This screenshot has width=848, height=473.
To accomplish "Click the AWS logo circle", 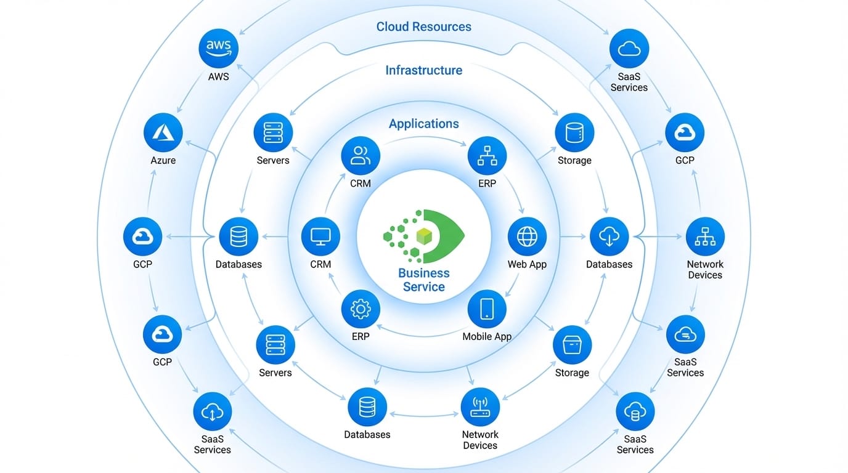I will (x=218, y=49).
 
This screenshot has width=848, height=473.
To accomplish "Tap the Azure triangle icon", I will (x=163, y=132).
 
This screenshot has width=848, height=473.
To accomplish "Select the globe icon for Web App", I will (x=527, y=236).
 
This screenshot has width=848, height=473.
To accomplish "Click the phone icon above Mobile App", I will (x=487, y=309).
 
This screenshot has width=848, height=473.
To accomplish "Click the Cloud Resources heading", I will (x=424, y=26).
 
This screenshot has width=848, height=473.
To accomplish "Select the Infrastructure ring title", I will (x=424, y=70).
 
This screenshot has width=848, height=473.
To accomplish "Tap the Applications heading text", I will (x=424, y=124).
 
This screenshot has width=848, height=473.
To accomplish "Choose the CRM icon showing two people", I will (x=361, y=155).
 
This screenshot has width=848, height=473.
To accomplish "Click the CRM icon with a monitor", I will (x=320, y=236).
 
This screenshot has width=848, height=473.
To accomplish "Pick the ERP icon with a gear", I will (x=361, y=309).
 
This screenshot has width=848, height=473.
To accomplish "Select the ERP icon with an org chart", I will (x=487, y=155).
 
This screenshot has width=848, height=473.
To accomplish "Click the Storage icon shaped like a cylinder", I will (x=574, y=132).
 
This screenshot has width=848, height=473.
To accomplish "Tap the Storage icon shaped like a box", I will (x=572, y=345).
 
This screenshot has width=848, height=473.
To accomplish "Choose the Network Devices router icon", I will (x=480, y=406).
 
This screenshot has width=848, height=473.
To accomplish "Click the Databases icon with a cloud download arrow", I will (x=609, y=236).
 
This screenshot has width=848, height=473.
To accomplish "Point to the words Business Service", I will (x=424, y=280).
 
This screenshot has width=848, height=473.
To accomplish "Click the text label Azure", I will (x=163, y=160).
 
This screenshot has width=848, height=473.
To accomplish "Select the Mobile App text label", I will (x=487, y=337).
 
